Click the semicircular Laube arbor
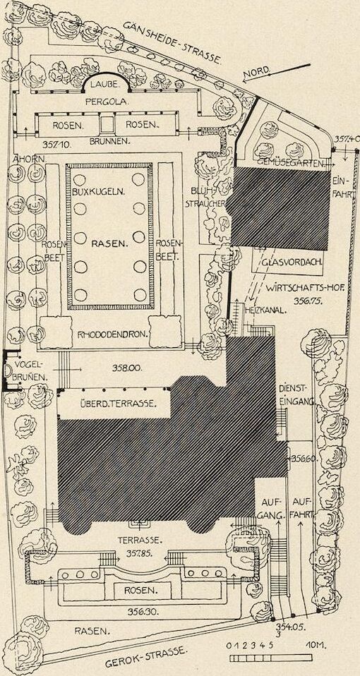107,82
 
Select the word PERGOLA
107,102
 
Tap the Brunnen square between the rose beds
106,125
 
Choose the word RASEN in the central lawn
110,243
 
